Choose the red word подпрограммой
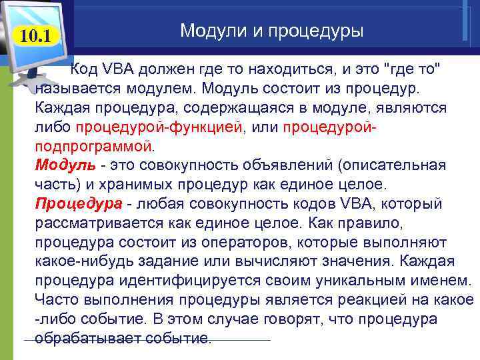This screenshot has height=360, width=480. (93, 145)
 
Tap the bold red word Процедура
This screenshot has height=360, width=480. (79, 203)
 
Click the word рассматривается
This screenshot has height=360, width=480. (87, 223)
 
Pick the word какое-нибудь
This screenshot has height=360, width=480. (80, 261)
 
